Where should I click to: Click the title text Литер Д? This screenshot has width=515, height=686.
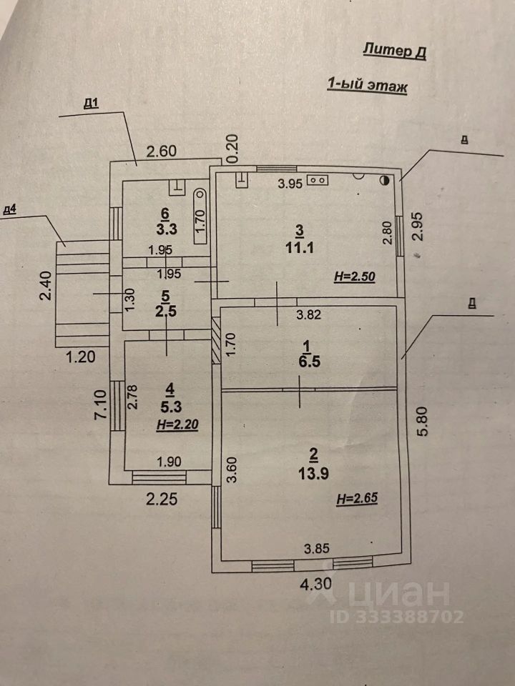click(x=394, y=51)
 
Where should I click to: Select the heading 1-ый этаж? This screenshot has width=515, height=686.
click(x=367, y=84)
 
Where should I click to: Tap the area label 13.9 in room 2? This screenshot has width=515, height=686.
click(x=313, y=473)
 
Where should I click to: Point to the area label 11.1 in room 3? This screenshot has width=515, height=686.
click(x=300, y=248)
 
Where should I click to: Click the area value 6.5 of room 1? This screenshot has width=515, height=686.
click(x=310, y=362)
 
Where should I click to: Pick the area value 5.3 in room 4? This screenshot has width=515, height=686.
click(x=171, y=407)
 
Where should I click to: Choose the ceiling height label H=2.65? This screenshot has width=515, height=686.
click(x=357, y=498)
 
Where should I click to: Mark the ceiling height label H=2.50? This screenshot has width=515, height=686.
click(x=354, y=277)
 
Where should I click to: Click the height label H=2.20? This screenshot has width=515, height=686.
click(x=177, y=424)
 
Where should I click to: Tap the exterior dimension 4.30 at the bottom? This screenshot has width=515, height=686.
click(x=315, y=584)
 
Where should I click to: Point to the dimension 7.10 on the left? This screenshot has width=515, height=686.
click(x=100, y=404)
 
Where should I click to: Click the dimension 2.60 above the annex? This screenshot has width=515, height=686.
click(x=162, y=151)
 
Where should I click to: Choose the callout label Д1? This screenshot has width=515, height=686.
click(x=91, y=104)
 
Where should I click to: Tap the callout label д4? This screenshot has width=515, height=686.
click(x=9, y=209)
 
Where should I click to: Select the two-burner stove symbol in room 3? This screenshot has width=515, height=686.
click(x=318, y=180)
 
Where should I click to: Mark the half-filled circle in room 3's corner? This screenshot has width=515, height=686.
click(x=385, y=179)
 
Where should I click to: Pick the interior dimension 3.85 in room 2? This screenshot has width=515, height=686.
click(x=317, y=548)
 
